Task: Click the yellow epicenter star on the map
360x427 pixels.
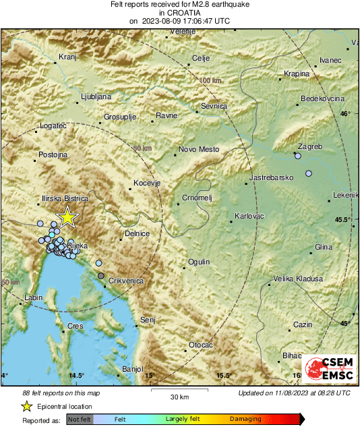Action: [x=67, y=217]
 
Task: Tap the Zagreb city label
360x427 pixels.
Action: [x=310, y=146]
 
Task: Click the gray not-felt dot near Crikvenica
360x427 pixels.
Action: [x=101, y=276]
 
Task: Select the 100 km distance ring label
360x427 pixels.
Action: [x=210, y=80]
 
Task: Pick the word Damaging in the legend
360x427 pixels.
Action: [x=245, y=419]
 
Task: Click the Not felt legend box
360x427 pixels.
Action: [x=80, y=419]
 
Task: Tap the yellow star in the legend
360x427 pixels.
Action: [x=26, y=407]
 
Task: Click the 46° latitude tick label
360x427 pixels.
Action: [x=345, y=114]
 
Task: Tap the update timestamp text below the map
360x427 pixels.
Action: [x=294, y=393]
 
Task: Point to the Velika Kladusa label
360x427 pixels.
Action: [x=297, y=279]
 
